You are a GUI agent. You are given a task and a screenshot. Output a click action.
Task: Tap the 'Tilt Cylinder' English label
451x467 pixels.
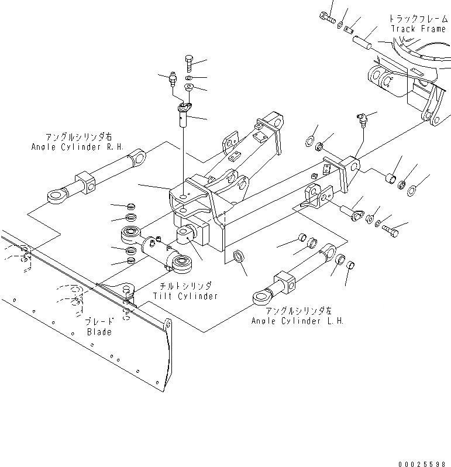[185, 296]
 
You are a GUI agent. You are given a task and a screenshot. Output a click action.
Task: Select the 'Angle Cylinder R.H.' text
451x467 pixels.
[77, 147]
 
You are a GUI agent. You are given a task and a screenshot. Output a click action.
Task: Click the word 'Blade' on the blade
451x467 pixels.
[99, 332]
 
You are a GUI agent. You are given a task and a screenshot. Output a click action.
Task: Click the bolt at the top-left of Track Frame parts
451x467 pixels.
[328, 18]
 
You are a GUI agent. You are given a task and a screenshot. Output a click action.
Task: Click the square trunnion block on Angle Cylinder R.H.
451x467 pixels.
[86, 180]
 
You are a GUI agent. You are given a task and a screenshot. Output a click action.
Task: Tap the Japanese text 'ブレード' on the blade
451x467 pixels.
[98, 321]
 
